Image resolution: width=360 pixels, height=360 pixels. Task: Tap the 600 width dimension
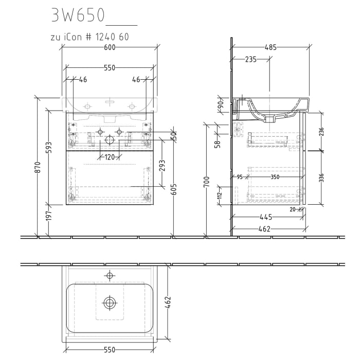[x=109, y=47]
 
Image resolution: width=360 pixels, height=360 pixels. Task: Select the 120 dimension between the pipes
[x=109, y=157]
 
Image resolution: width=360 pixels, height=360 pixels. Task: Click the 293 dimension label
[x=162, y=166]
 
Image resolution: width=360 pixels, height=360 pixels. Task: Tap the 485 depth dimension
[x=271, y=47]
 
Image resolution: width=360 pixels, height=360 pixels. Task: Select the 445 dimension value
[x=266, y=217]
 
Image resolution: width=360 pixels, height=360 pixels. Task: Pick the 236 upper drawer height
[x=321, y=132]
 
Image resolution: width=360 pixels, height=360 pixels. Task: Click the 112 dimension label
[x=220, y=193]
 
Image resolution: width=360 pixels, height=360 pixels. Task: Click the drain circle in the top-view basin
[x=109, y=302]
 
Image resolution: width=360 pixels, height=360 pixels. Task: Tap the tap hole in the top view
[x=109, y=276]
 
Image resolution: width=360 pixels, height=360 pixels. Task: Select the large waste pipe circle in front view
[x=109, y=140]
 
